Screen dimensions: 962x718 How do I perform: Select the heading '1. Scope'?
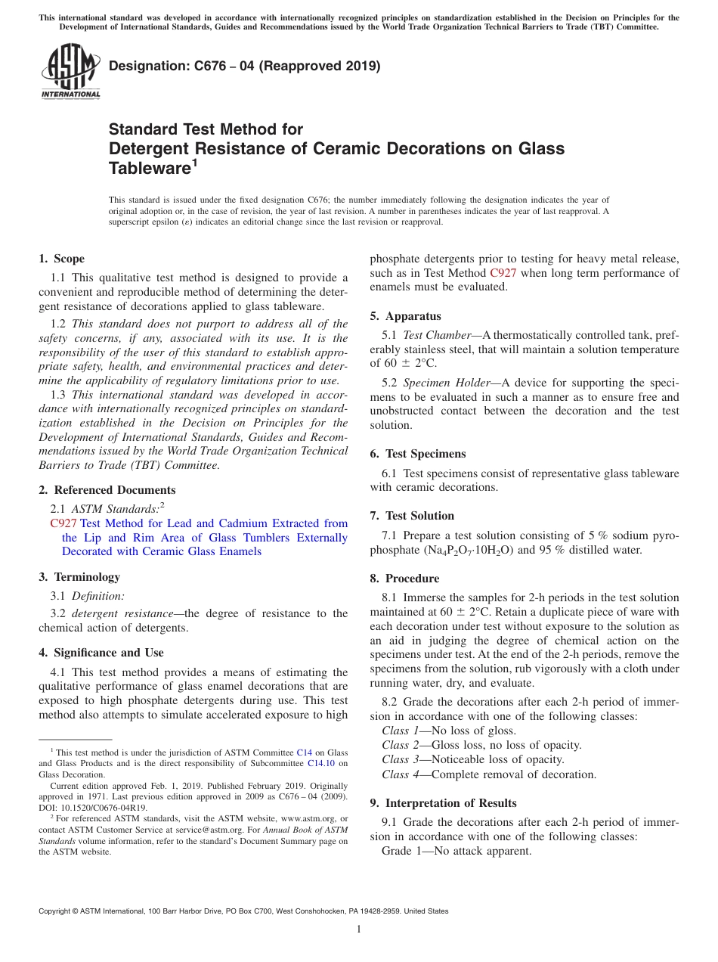61,259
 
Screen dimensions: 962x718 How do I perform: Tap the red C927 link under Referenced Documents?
63,523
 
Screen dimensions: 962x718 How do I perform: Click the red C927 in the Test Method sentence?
503,273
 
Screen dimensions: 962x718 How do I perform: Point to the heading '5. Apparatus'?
405,316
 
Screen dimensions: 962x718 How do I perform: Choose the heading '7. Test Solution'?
412,516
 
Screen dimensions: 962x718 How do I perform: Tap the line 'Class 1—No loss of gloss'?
449,731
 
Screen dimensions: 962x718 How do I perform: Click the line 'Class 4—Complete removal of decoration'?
489,774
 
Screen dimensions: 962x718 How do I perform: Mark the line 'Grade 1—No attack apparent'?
456,851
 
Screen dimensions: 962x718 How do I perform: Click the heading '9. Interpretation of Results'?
443,803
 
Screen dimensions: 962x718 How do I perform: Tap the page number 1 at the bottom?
359,929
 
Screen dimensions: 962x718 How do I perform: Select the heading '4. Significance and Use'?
101,653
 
